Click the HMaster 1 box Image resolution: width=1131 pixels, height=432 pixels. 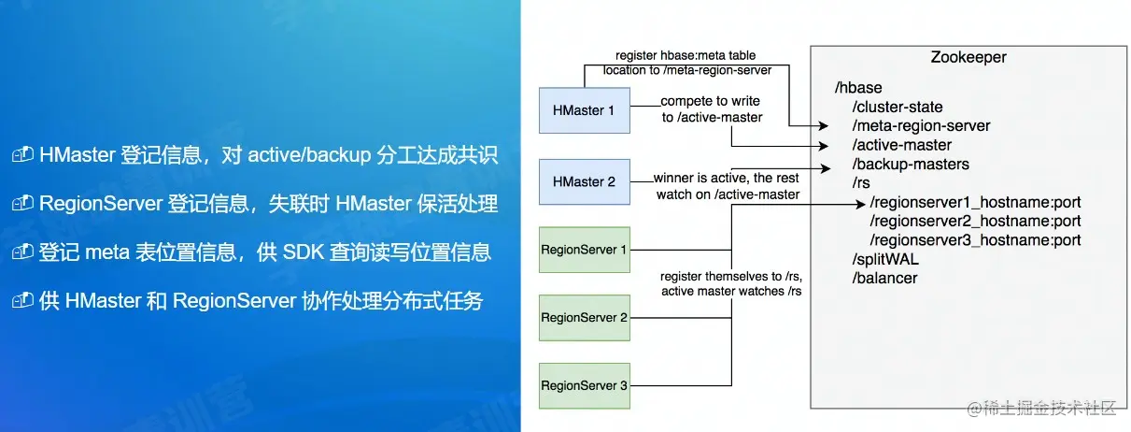[585, 110]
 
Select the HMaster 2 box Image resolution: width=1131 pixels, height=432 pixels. [585, 181]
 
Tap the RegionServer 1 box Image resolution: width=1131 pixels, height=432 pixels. [585, 250]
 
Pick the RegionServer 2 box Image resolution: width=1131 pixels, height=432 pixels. [585, 318]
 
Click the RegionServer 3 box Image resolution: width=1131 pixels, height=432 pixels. [585, 385]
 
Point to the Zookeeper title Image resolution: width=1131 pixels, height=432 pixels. [968, 58]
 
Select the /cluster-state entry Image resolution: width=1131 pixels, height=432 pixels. [898, 107]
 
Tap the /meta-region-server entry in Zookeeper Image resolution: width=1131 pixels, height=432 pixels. [921, 125]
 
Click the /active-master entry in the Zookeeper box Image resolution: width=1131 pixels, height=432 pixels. [901, 145]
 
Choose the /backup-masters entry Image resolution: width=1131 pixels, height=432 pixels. [910, 165]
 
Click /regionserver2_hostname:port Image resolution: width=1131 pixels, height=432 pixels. [975, 222]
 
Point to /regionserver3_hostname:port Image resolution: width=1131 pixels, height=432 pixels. [975, 240]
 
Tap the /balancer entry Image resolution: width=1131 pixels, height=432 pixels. [884, 278]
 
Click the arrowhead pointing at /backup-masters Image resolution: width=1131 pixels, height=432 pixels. [827, 167]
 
